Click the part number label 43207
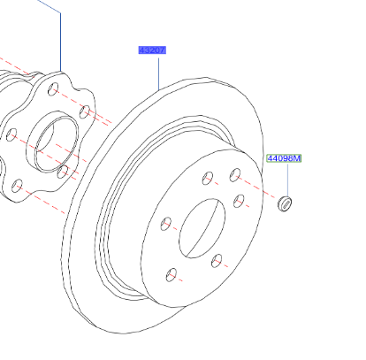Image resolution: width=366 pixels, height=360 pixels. coord(151,51)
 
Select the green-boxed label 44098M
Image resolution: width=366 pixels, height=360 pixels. coord(284,159)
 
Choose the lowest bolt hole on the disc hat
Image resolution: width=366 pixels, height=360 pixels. coord(173,273)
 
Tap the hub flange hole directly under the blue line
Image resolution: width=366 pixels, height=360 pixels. coord(55,89)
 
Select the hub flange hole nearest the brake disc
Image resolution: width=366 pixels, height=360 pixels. coord(84,111)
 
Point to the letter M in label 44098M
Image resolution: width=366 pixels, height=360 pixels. coord(297,159)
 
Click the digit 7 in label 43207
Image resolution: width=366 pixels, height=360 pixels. coord(162,51)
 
